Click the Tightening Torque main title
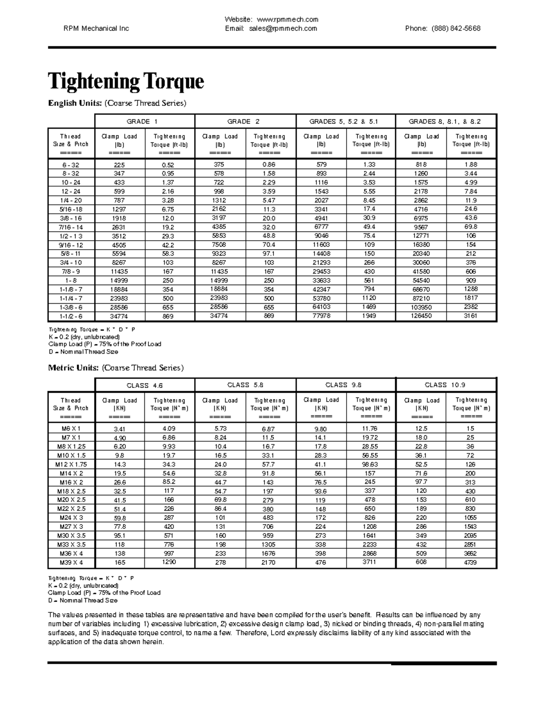tap(126, 82)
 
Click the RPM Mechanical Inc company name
tap(96, 29)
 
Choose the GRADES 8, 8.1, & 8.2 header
tap(446, 122)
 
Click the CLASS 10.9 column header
tap(446, 385)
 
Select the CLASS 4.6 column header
tap(144, 385)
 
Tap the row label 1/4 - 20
tap(71, 200)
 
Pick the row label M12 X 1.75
tap(71, 464)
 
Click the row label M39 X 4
tap(71, 562)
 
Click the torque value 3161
tap(471, 316)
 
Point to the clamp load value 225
tap(120, 165)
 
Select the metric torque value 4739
tap(471, 562)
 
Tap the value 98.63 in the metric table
tap(370, 464)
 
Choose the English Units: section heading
tap(75, 104)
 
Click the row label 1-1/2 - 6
tap(71, 316)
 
